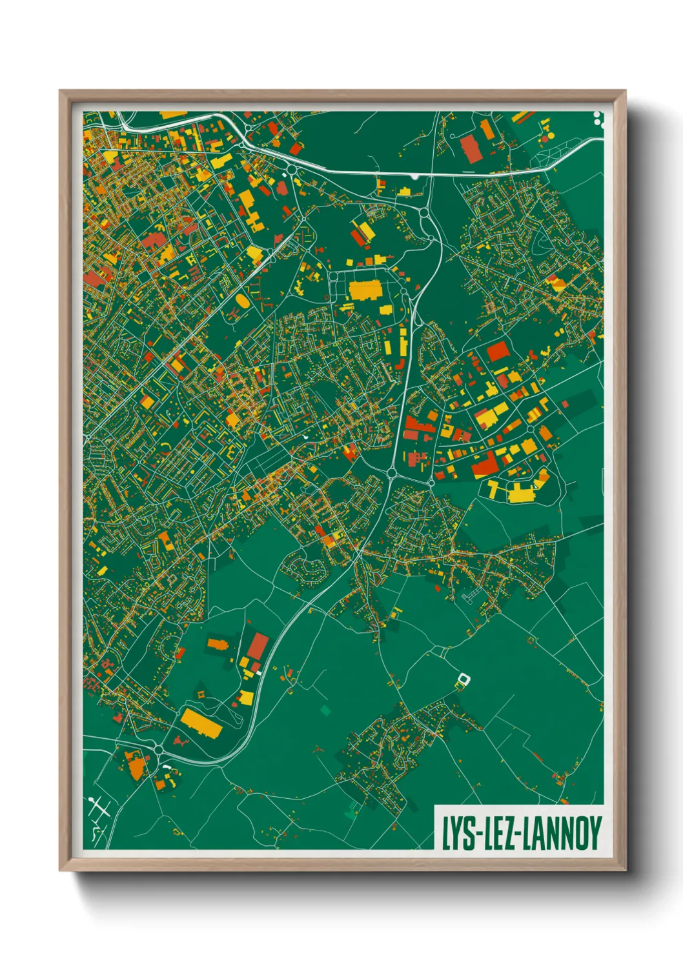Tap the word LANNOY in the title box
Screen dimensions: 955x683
coord(562,833)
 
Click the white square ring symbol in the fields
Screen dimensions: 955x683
coord(463,679)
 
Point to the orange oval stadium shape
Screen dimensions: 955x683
coord(243,301)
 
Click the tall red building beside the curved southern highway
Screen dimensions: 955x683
coord(258,646)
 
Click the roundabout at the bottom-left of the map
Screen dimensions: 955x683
coord(159,750)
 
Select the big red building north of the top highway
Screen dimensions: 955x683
coord(470,148)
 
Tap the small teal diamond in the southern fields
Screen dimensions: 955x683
coord(325,710)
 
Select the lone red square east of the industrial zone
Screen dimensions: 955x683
coord(565,405)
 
